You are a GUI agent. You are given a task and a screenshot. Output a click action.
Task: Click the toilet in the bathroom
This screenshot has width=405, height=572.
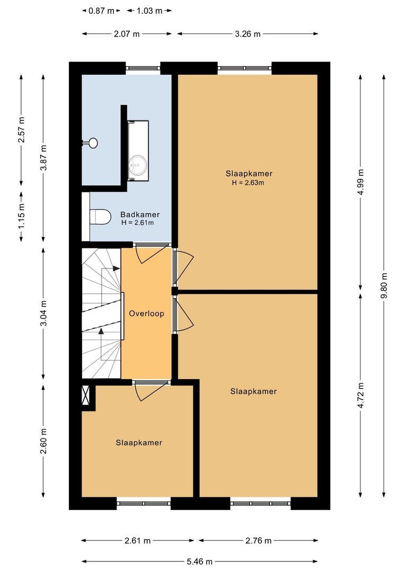tap(100, 216)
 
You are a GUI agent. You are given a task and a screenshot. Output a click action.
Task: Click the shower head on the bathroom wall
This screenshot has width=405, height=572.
tap(92, 142)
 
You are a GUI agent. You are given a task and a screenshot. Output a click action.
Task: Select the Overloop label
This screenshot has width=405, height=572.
tap(146, 314)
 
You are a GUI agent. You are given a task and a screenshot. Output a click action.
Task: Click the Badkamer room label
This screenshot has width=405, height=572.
tap(140, 215)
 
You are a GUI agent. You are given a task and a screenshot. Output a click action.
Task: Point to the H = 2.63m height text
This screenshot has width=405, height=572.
tap(248, 183)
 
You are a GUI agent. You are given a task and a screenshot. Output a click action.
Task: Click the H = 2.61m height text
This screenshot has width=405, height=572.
tap(137, 223)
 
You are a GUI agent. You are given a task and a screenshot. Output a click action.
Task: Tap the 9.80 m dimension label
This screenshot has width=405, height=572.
tap(384, 286)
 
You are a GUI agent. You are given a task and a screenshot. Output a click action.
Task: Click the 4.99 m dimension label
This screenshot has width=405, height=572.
tap(361, 182)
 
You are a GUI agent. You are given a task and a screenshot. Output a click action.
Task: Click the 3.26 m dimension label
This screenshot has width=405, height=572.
tap(248, 34)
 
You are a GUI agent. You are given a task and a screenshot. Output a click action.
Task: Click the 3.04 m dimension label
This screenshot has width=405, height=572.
tap(43, 314)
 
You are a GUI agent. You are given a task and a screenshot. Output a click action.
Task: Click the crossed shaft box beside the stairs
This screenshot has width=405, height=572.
tap(86, 397)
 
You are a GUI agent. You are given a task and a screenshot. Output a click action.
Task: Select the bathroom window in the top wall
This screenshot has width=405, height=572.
tap(143, 68)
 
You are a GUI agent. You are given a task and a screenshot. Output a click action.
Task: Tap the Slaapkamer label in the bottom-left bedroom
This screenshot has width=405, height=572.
tap(139, 443)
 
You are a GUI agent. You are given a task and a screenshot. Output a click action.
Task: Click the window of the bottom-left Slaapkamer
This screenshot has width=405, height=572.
tap(144, 503)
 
